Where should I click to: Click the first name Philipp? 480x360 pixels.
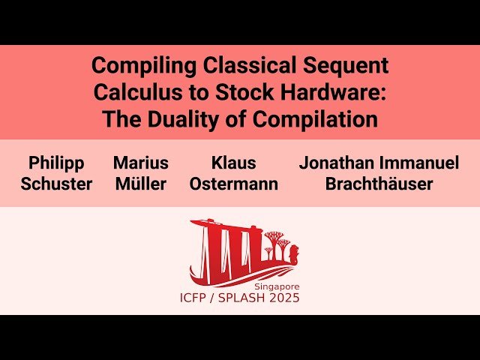56,163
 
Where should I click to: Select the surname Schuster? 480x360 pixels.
56,184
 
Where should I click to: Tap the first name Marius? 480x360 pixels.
141,163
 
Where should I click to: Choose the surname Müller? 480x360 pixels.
141,184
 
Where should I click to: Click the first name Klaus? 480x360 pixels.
233,163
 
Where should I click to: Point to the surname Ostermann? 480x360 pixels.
233,184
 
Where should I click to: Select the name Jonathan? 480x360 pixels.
337,163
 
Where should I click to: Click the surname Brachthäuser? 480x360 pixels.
379,184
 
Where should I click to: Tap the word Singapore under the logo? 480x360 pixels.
277,286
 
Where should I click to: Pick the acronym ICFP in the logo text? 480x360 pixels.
192,298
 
